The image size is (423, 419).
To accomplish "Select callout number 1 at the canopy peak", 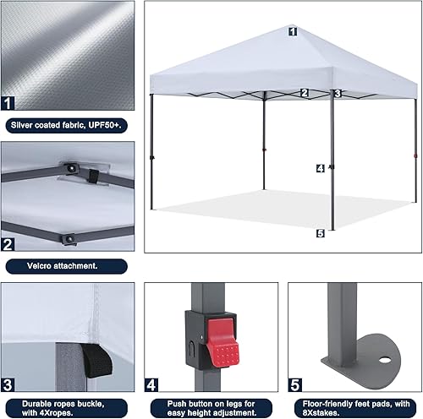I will [x=292, y=31].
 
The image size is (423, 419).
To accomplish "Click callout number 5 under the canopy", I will [x=320, y=233].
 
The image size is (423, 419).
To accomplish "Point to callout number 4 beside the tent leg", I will [x=320, y=168].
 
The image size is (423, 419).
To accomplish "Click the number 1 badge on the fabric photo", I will [x=9, y=104].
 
